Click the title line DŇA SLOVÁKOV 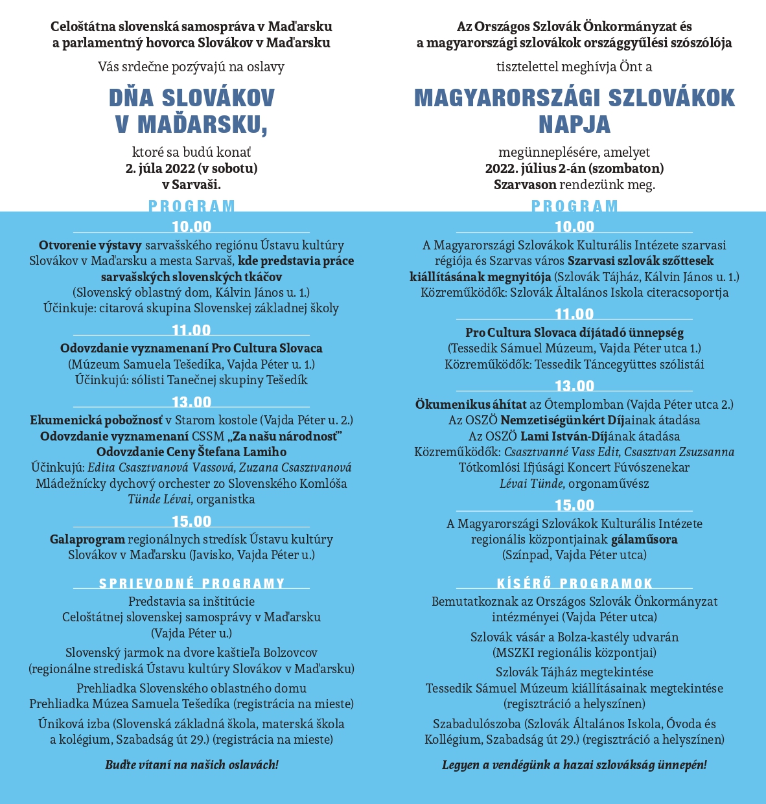point(192,98)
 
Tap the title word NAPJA point(574,124)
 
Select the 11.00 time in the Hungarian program point(574,314)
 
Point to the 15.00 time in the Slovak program point(191,522)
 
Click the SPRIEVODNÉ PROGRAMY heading point(192,584)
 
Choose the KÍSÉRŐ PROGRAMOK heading point(574,584)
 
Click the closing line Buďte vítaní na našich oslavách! point(192,764)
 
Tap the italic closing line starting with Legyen point(574,764)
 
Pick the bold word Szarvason point(525,184)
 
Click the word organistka point(226,499)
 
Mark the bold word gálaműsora point(644,539)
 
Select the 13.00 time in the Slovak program point(191,402)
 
